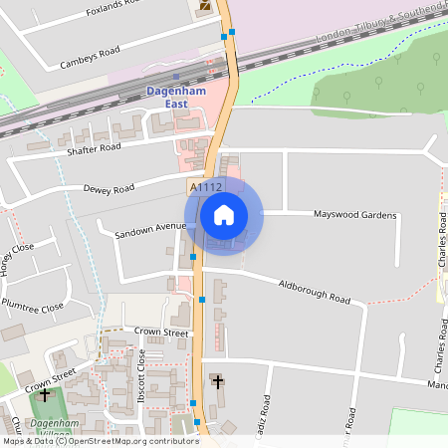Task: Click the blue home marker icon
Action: point(224,214)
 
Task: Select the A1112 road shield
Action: point(204,186)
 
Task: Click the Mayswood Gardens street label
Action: point(354,215)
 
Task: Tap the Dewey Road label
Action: point(109,187)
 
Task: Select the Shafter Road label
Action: point(95,147)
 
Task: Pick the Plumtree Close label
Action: point(32,305)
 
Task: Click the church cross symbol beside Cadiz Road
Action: point(218,381)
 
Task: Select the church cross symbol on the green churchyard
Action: point(44,395)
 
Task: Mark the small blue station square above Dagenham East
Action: point(175,76)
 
